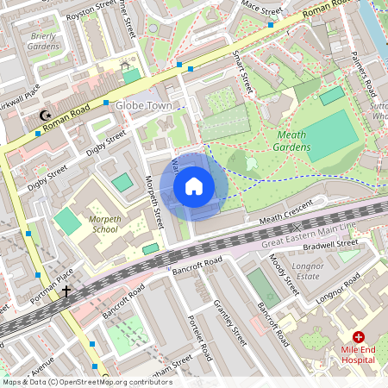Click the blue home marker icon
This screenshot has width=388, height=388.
tap(194, 186)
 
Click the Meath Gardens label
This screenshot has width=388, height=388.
tap(293, 141)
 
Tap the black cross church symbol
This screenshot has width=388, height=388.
tap(66, 291)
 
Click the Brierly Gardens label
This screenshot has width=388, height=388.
tap(44, 42)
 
